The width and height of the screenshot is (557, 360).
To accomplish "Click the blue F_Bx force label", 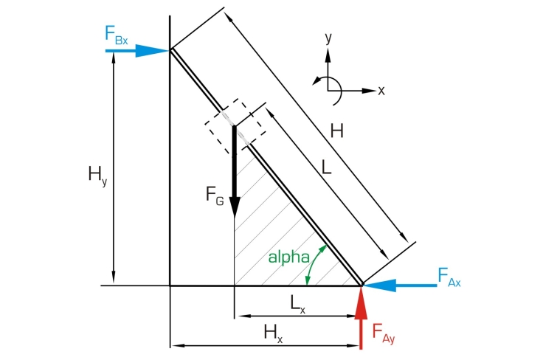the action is click(x=116, y=35).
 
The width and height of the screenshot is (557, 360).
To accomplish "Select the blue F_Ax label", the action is click(x=449, y=277).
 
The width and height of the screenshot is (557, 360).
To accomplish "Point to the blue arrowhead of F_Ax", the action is click(x=379, y=285).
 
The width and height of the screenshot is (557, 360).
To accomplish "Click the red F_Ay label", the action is click(x=384, y=333).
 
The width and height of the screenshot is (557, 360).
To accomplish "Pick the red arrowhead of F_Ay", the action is click(x=361, y=302).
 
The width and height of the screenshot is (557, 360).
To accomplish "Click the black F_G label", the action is click(x=215, y=195).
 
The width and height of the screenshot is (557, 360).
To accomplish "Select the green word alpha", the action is click(x=288, y=257).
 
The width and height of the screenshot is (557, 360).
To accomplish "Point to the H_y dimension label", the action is click(x=97, y=176).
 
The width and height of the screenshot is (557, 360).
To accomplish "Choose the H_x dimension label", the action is click(x=273, y=333).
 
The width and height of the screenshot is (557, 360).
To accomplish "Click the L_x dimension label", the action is click(x=298, y=305).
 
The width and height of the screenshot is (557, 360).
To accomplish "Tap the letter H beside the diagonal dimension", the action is click(x=336, y=131).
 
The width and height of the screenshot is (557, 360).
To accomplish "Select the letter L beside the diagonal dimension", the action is click(x=327, y=167).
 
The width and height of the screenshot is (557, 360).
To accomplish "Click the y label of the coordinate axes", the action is click(x=328, y=38).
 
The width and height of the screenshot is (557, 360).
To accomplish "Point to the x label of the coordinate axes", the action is click(x=381, y=91).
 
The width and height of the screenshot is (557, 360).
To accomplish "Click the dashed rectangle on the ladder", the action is click(x=235, y=126).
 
